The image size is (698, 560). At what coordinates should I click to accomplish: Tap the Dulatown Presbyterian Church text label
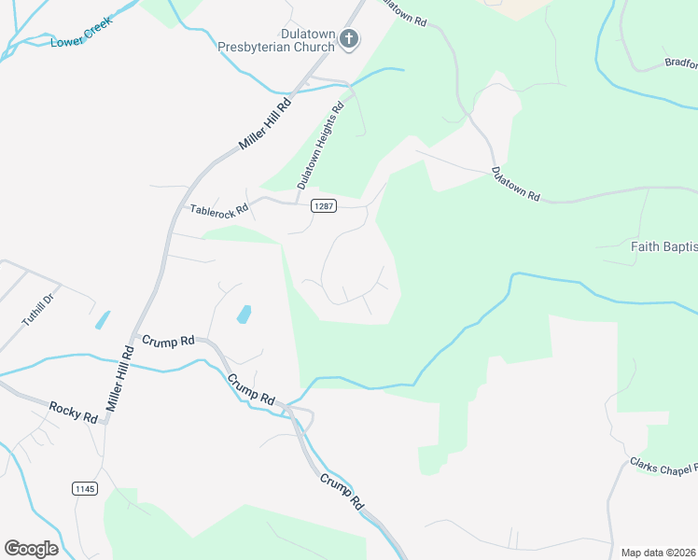tap(274, 39)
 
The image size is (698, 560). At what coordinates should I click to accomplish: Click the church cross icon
tap(349, 39)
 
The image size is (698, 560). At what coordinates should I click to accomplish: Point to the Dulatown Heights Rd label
tap(321, 146)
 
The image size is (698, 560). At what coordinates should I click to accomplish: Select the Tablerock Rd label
tap(219, 209)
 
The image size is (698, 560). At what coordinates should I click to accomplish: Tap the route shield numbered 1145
tap(84, 488)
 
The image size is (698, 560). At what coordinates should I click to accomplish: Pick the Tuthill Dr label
tap(39, 309)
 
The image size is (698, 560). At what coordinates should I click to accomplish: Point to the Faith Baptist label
tap(663, 247)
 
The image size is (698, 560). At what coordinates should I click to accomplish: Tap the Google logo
tap(31, 548)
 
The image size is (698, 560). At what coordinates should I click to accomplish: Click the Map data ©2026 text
tap(657, 553)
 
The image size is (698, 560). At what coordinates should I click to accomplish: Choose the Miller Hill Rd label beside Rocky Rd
tap(121, 378)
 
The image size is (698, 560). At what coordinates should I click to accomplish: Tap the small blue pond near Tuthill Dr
tap(102, 319)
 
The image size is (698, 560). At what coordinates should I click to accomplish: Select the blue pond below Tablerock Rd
tap(244, 314)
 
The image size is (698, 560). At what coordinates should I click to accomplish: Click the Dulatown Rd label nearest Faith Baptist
tap(516, 184)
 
